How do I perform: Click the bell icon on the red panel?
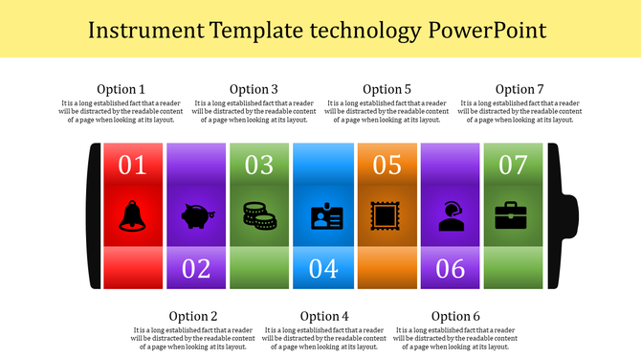[x=132, y=215]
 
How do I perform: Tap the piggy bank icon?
[x=196, y=216]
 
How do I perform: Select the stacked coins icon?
[x=259, y=215]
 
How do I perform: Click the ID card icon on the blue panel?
[x=323, y=216]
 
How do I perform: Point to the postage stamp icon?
[x=387, y=215]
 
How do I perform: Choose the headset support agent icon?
[x=451, y=216]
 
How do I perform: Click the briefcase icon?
[x=514, y=215]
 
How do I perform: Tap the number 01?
[x=132, y=165]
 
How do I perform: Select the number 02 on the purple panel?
[x=196, y=268]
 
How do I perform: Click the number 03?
[x=259, y=165]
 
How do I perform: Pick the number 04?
[x=323, y=268]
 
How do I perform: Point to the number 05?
[x=387, y=165]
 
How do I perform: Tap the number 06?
[x=451, y=268]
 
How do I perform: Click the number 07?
[x=514, y=165]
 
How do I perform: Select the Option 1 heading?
[x=122, y=89]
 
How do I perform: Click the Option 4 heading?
[x=324, y=316]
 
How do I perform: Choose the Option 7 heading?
[x=519, y=89]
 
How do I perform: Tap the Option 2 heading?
[x=193, y=316]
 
